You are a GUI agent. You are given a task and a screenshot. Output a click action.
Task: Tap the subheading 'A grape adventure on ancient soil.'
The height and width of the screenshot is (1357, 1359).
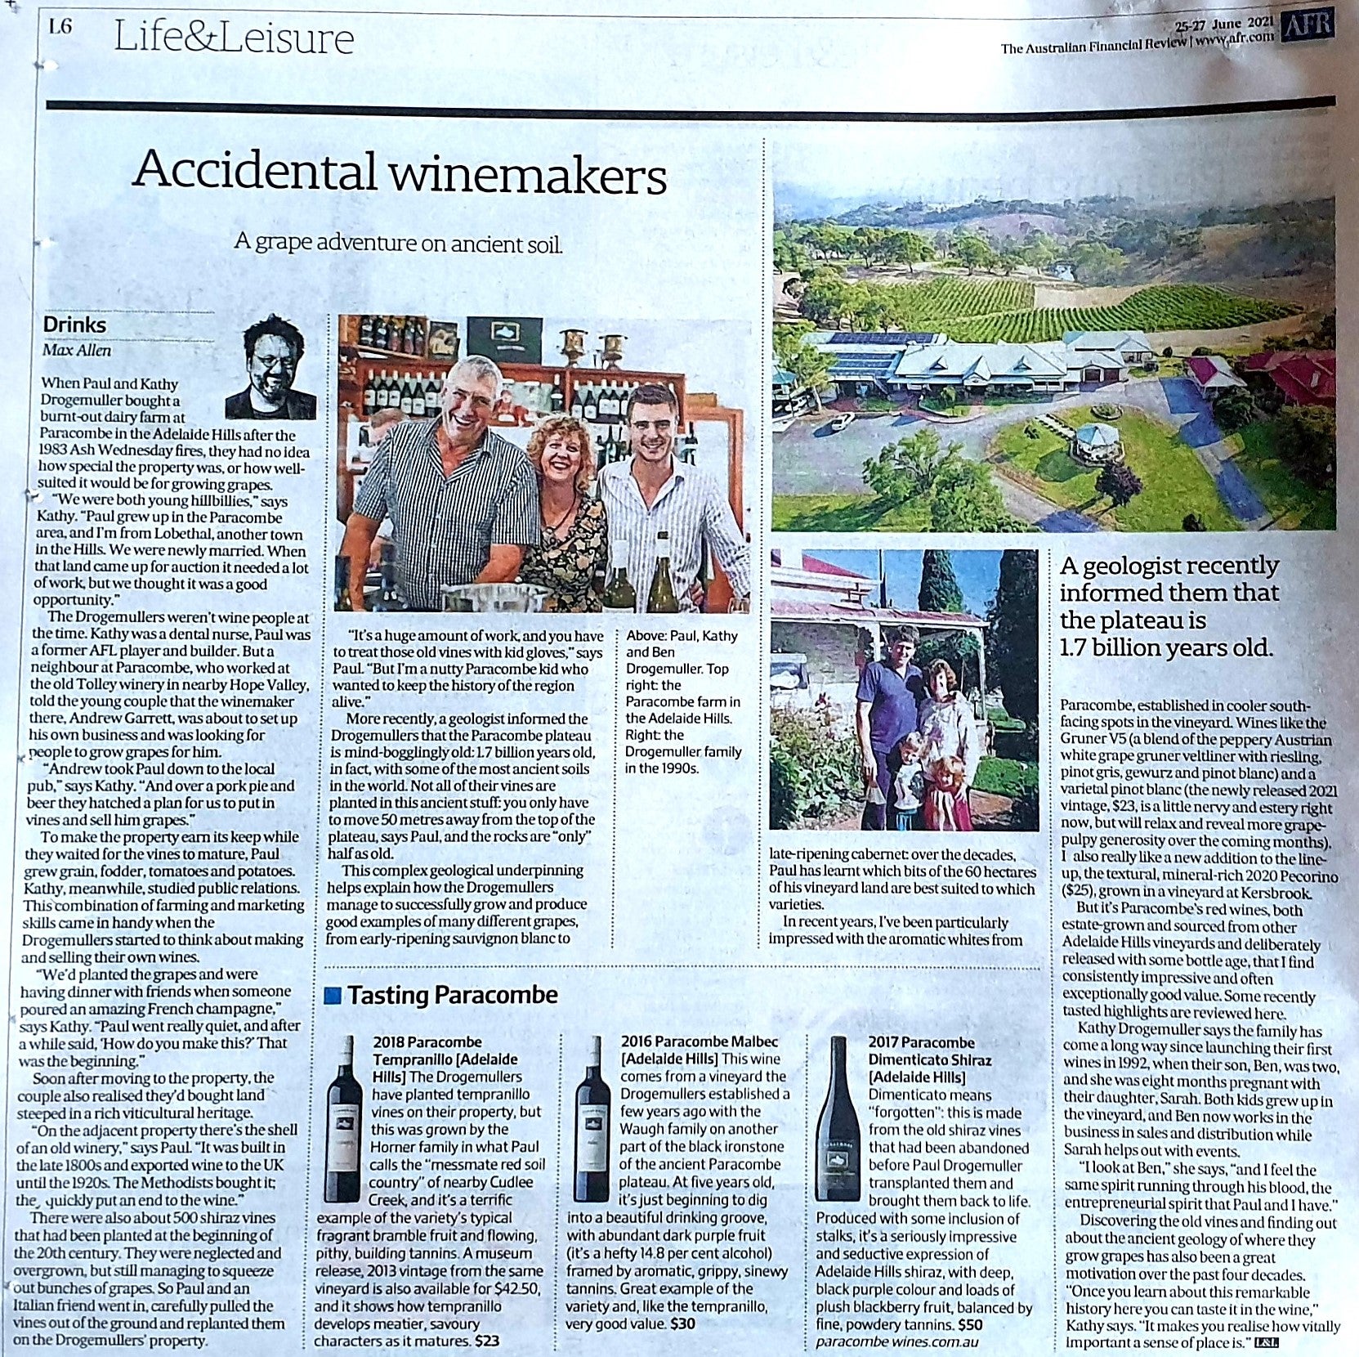coord(398,243)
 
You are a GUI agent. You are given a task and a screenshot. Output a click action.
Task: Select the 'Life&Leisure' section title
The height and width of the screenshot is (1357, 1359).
coord(234,38)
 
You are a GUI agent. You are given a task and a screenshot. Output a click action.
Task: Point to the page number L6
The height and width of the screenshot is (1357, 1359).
coord(60,28)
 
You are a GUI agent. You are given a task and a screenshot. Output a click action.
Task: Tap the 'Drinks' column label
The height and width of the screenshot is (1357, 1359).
coord(74,325)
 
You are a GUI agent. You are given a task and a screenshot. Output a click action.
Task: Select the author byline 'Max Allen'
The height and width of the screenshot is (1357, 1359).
coord(77,351)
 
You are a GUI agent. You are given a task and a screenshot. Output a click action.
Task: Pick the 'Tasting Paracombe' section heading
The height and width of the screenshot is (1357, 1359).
coord(452,995)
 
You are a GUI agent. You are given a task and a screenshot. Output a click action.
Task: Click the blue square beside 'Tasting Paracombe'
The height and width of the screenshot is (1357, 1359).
coord(333,996)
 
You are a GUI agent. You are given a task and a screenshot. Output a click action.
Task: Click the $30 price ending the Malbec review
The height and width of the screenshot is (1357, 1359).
coord(682,1323)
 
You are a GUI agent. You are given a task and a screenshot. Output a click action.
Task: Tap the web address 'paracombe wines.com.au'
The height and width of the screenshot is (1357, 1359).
coord(896,1341)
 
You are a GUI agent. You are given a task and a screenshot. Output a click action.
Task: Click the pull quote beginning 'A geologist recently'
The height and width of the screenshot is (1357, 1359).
coord(1169,606)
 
